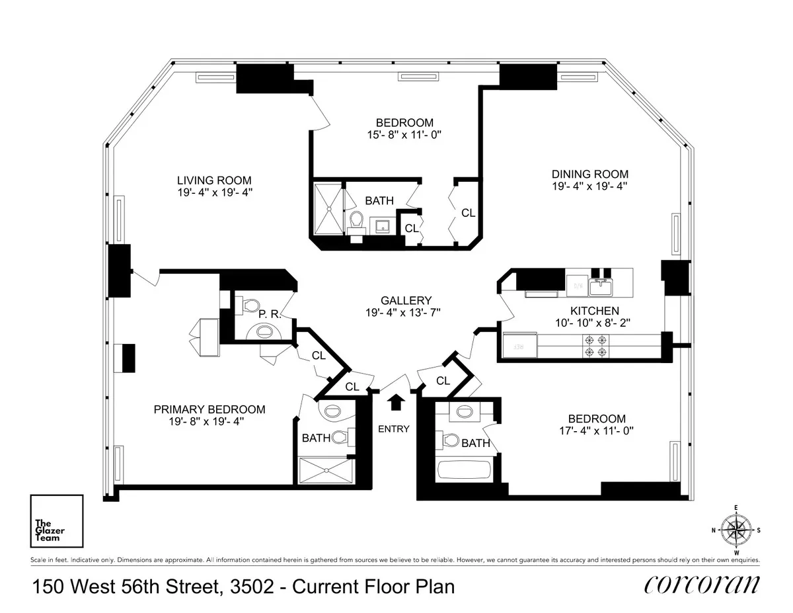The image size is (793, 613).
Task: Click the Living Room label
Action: pos(214,180)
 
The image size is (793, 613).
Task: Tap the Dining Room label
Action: pos(589,174)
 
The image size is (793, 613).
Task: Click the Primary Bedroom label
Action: pos(209,409)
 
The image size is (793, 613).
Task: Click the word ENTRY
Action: pos(394,429)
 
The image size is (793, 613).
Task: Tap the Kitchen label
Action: pos(594,311)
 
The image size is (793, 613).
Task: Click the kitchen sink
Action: pos(602,287)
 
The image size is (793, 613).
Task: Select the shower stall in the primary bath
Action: pos(326,471)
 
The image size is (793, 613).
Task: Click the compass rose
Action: pos(736,529)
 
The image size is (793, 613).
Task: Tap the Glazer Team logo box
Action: pos(57,521)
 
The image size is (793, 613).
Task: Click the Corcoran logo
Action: pos(701,585)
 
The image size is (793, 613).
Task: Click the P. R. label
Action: pos(270,315)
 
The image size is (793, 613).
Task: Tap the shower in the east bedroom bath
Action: pos(327,208)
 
